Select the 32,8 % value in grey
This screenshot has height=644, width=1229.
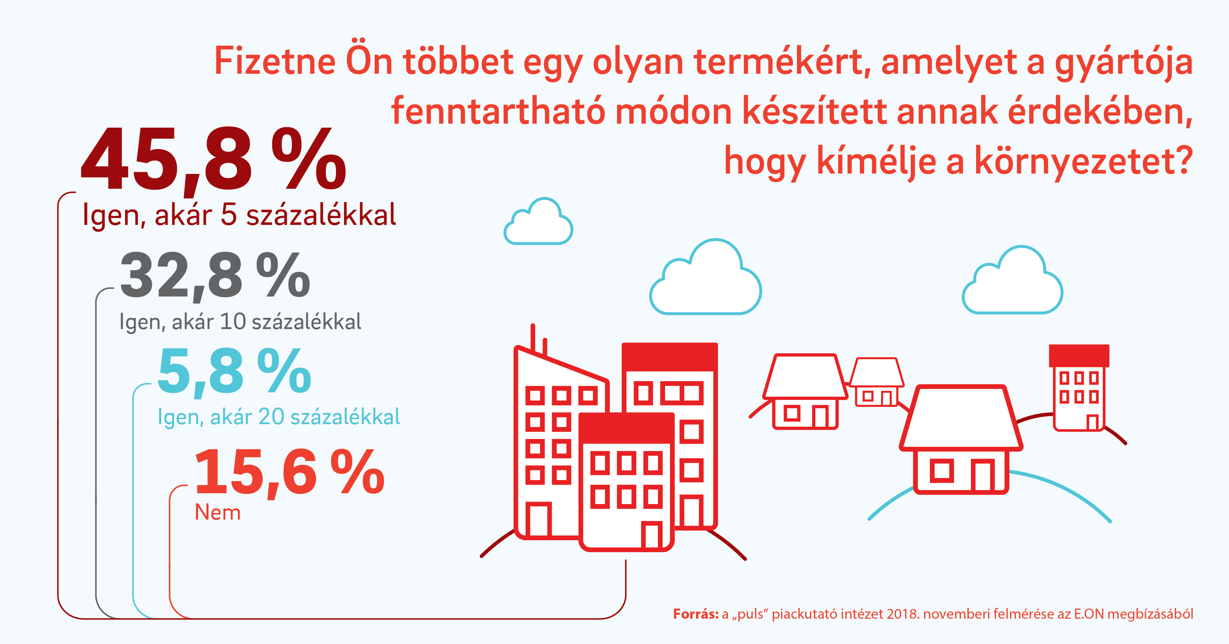tap(215, 276)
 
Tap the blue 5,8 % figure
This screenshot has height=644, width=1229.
tap(234, 371)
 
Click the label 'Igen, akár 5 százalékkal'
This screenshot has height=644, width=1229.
tap(239, 215)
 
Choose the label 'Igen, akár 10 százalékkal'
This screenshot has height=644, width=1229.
tap(240, 322)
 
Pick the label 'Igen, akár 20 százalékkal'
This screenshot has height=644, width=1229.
tap(279, 417)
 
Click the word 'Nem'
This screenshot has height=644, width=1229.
tap(217, 513)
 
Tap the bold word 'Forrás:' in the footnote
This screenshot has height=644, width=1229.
tap(696, 614)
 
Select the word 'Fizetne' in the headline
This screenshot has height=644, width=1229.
tap(275, 61)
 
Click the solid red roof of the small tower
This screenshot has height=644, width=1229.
tap(1079, 356)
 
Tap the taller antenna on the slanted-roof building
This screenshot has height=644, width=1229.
tap(532, 338)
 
